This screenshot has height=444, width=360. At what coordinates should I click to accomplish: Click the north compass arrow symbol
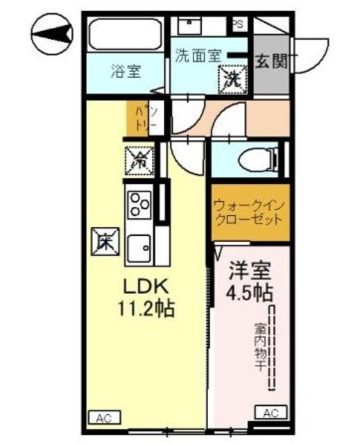pos(53,33)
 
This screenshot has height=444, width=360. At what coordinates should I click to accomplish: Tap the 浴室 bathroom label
pos(125,70)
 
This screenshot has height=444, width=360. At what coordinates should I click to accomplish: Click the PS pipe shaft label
pos(238,24)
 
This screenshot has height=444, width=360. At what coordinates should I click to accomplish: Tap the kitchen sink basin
pos(139,247)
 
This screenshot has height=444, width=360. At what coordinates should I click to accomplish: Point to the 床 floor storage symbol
pos(106,243)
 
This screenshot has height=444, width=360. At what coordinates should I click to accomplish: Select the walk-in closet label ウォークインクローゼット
pos(248,212)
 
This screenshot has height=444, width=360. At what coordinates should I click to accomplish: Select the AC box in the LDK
pos(104,418)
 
